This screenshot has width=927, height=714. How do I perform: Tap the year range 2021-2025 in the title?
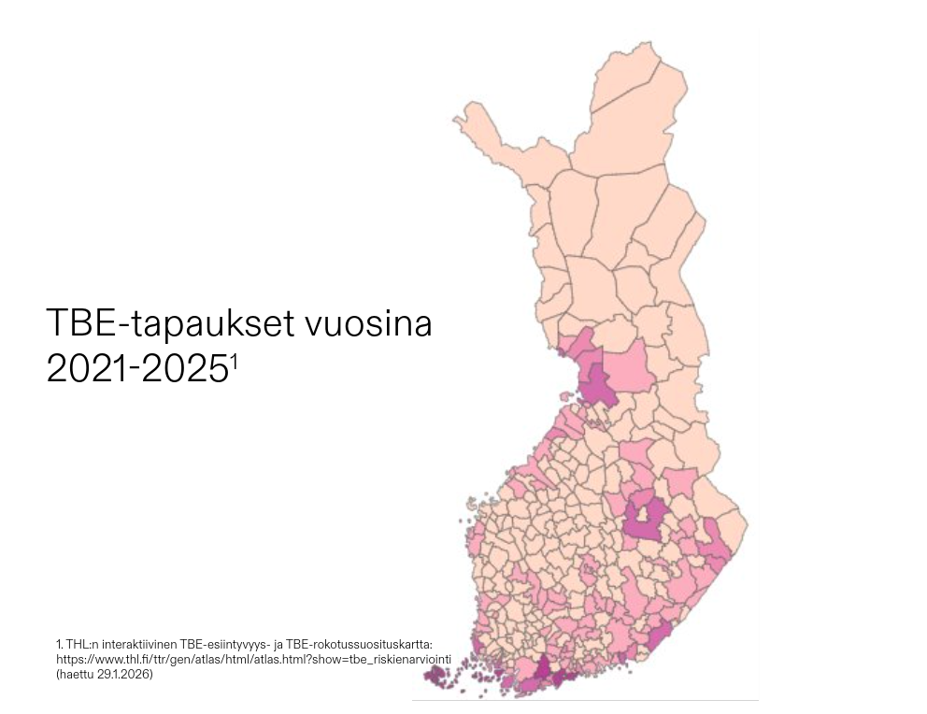point(135,369)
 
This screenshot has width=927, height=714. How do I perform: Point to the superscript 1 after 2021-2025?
point(235,362)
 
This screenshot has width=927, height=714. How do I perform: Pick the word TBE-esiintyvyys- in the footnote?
point(218,645)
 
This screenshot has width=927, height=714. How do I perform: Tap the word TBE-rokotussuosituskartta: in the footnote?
point(362,645)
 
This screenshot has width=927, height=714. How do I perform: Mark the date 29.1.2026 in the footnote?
point(123,675)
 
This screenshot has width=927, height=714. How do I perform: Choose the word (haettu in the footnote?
point(75,675)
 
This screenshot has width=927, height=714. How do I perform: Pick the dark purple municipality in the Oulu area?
point(597,385)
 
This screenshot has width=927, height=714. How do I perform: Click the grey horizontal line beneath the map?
point(585,700)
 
